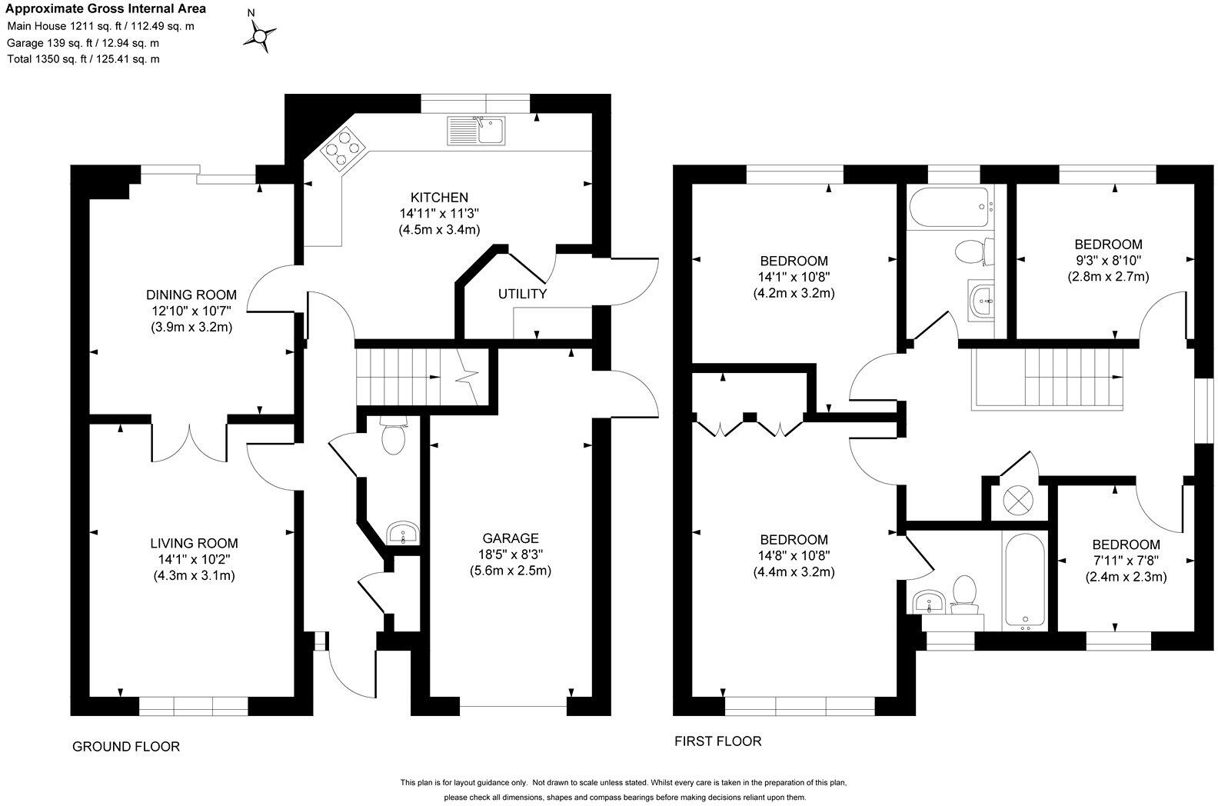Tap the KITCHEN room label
439,198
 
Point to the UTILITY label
522,294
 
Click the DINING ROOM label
191,295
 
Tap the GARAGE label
511,538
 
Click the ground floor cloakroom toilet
393,438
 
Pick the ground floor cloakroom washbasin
401,532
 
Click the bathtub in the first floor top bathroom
947,207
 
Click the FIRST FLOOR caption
717,741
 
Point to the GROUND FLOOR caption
126,747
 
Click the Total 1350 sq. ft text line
83,59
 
